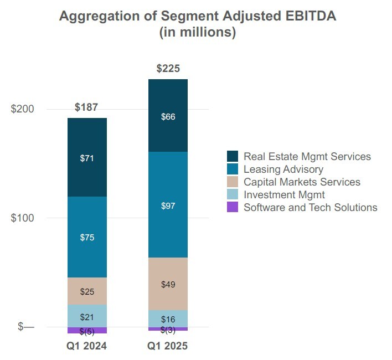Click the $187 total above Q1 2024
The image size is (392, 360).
point(87,107)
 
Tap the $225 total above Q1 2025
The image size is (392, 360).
point(168,69)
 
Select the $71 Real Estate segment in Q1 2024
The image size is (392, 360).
point(87,158)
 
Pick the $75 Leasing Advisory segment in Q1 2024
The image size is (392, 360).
point(87,237)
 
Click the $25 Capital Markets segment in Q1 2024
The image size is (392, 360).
point(87,291)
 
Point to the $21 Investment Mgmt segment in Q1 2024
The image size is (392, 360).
point(87,317)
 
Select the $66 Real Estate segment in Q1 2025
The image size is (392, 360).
point(168,116)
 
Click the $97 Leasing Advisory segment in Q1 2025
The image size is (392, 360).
point(168,205)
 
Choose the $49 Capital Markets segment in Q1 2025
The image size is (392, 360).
point(168,284)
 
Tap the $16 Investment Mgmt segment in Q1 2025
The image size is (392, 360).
point(168,319)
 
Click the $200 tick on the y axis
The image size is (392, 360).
point(23,109)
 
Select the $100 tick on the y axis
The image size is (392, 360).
point(23,218)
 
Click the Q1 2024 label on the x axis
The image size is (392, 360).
point(87,347)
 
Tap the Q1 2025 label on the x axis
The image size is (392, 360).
point(168,347)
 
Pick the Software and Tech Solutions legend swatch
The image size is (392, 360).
point(233,208)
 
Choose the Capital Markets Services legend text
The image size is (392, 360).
point(302,182)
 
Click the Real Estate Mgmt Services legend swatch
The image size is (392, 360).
point(233,157)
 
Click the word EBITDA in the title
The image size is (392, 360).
point(307,16)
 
